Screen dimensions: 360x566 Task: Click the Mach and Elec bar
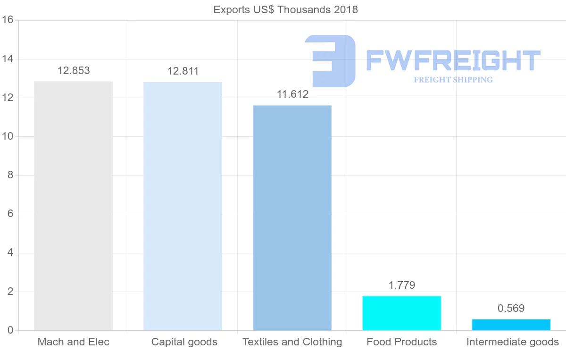[73, 206]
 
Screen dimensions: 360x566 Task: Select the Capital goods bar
[183, 206]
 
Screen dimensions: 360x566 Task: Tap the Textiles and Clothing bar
[292, 218]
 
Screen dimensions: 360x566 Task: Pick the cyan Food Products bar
[401, 313]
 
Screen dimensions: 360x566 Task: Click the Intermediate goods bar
[511, 325]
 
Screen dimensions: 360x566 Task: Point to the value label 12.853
[74, 71]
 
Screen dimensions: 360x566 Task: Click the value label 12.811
[183, 71]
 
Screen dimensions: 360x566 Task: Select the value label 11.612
[292, 94]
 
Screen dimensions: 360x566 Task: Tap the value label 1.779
[402, 285]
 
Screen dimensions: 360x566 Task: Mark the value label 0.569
[511, 309]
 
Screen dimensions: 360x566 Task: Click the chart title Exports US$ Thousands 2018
[285, 9]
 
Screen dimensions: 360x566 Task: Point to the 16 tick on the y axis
[7, 20]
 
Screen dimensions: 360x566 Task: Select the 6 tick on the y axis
[9, 214]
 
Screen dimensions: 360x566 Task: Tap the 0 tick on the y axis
[9, 330]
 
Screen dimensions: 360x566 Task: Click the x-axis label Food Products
[401, 342]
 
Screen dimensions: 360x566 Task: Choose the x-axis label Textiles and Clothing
[292, 342]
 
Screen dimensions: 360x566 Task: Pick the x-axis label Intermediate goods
[512, 342]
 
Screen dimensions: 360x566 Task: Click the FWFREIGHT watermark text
[453, 60]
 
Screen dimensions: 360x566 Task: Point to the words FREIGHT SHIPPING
[453, 80]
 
